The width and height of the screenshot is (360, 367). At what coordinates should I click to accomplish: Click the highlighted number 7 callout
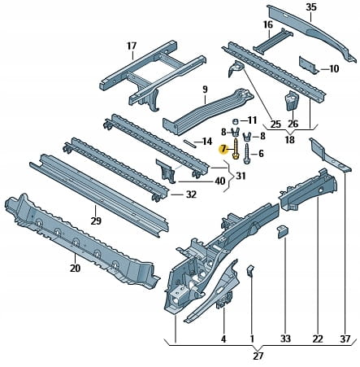223,149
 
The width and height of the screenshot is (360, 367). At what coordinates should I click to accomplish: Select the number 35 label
311,7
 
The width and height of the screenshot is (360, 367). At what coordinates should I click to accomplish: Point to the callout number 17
132,46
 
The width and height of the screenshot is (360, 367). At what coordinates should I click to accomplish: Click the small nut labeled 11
236,120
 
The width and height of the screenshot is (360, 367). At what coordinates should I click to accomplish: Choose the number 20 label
75,269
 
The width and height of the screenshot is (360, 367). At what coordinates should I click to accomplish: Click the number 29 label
96,221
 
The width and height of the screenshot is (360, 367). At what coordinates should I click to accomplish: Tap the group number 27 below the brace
258,356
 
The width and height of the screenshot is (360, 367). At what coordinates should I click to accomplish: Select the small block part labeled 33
283,232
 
